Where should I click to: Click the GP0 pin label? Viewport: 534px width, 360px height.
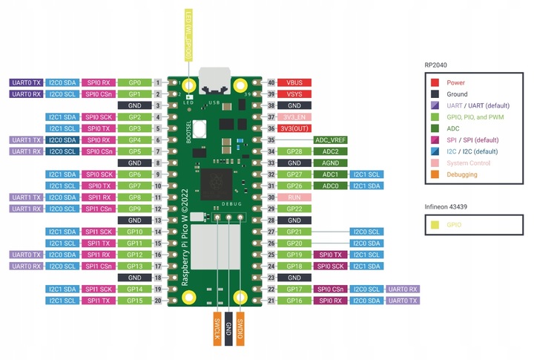tap(134, 82)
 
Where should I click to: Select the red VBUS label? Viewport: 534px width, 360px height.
tap(295, 82)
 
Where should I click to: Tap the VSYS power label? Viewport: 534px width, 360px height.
tap(295, 94)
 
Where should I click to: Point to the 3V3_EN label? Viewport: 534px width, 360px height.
tap(295, 117)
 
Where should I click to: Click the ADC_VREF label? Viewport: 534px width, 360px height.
tap(331, 140)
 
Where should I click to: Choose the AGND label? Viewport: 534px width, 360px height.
tap(331, 163)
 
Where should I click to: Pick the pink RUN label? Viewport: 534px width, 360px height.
tap(295, 197)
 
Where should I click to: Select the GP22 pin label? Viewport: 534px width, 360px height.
tap(295, 209)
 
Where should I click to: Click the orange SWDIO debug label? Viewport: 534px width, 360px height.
tap(241, 326)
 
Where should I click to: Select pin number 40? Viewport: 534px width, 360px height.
tap(271, 82)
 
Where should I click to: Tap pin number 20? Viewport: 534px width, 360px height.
tap(159, 301)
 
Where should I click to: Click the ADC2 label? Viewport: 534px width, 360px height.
tap(331, 151)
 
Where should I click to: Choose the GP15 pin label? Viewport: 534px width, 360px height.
tap(134, 301)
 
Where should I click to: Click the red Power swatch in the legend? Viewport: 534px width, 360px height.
tap(435, 83)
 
